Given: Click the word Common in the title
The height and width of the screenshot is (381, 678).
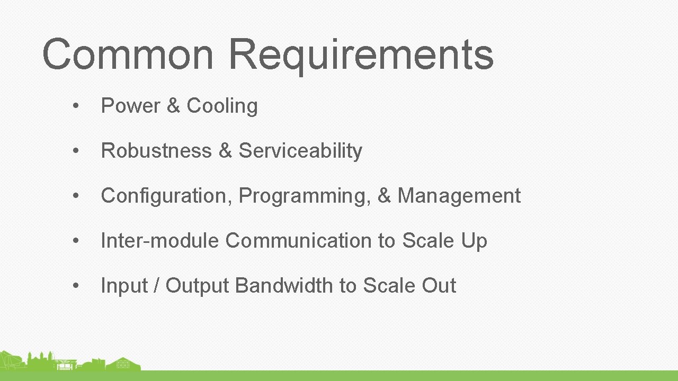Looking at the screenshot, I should tap(127, 54).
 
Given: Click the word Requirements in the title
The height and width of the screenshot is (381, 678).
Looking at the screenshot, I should tap(361, 54).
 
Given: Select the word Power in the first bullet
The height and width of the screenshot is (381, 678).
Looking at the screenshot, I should tap(130, 106).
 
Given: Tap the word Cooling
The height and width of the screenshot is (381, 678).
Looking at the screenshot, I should tap(222, 106).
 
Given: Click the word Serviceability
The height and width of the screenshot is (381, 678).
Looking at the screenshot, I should tap(300, 151).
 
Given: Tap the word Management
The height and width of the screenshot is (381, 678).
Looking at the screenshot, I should tap(459, 196).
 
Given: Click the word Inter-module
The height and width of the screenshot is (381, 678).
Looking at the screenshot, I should tap(159, 241).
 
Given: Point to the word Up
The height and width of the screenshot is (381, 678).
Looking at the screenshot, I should tap(474, 241).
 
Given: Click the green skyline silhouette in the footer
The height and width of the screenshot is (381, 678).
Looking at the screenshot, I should tap(69, 362).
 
